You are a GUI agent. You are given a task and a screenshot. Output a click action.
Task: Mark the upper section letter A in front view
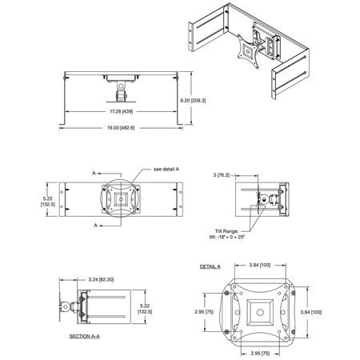pyautogui.click(x=95, y=173)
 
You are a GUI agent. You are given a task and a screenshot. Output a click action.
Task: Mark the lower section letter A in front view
pyautogui.click(x=95, y=226)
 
